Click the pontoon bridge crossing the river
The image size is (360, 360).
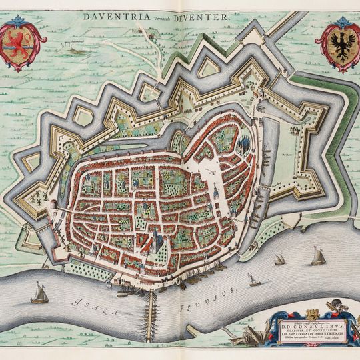point(151,310)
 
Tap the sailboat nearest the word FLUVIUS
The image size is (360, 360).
point(253,279)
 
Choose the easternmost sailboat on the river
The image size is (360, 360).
point(319,255)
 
